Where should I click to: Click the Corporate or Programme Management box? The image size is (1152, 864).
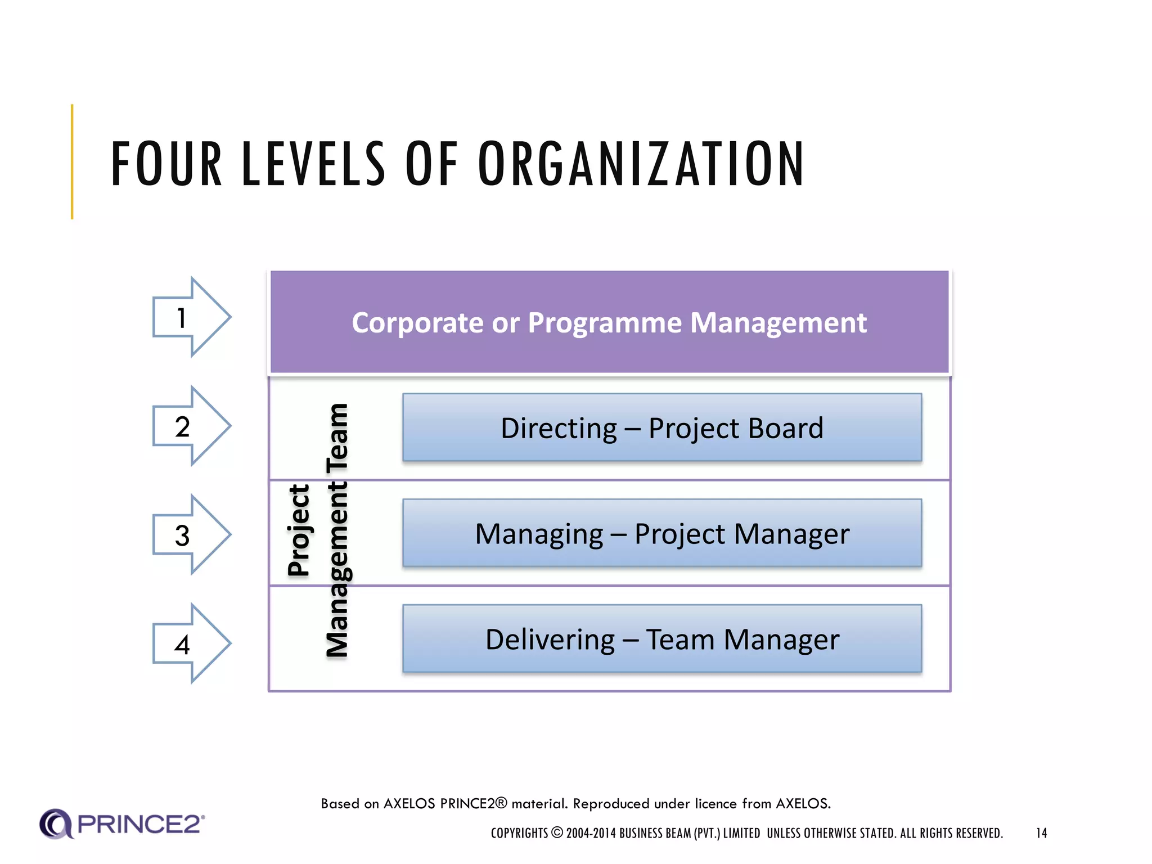(609, 322)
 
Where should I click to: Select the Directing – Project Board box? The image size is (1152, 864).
(662, 428)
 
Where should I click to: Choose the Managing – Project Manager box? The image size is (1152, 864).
(662, 533)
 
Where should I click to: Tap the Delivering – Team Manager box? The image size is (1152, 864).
(662, 639)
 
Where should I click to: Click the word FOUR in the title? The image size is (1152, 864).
(166, 164)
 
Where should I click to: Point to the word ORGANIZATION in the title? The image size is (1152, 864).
(641, 164)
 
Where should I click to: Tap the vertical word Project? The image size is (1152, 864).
(299, 530)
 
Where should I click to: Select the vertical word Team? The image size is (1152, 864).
(337, 438)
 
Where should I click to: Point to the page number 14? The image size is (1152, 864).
(1041, 833)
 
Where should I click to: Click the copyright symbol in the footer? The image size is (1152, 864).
(557, 832)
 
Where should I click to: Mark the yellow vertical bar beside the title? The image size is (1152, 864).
(72, 161)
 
